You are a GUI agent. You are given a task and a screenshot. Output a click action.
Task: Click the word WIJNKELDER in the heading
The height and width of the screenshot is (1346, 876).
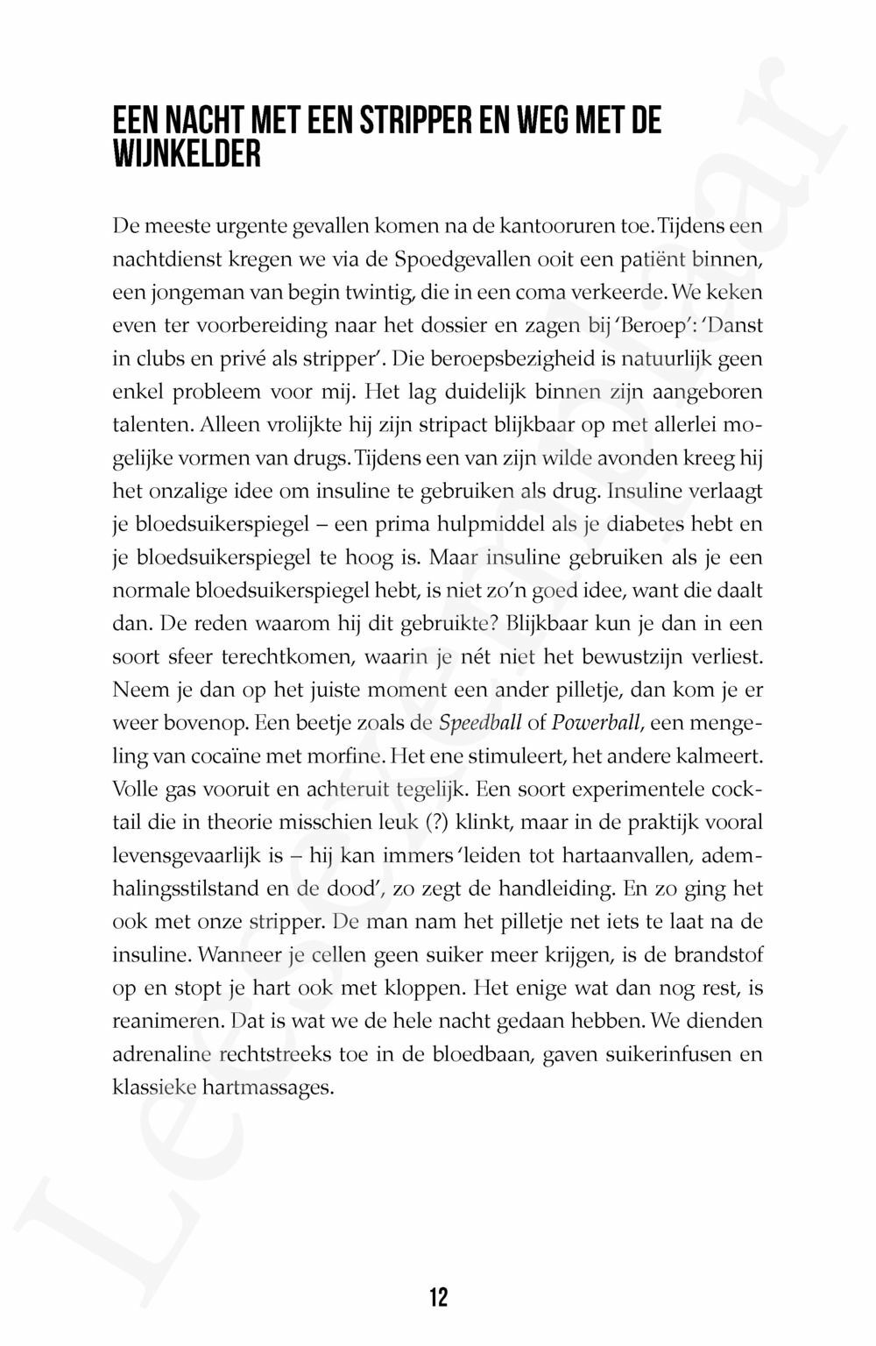(187, 155)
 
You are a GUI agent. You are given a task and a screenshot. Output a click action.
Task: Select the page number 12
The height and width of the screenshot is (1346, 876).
(438, 1297)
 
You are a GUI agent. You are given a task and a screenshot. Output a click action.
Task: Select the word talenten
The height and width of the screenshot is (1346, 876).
(153, 426)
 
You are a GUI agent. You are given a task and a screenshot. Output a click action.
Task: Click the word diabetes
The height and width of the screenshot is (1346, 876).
(642, 525)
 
